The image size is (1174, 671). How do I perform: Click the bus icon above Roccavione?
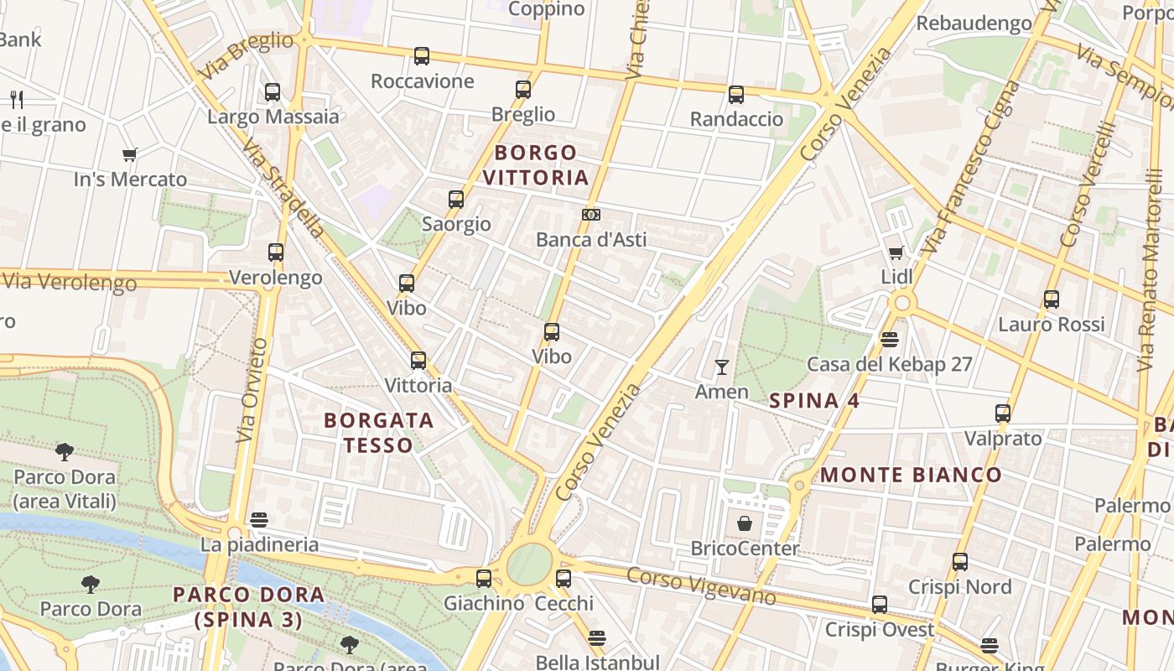click(422, 56)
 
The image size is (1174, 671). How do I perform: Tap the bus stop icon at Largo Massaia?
click(273, 92)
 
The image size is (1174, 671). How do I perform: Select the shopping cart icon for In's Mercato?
click(129, 154)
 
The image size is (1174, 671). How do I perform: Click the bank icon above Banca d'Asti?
click(591, 215)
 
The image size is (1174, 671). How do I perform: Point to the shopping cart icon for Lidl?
click(896, 252)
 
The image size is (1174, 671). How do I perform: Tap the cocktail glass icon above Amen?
click(721, 367)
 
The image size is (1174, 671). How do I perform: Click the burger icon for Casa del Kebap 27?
click(890, 340)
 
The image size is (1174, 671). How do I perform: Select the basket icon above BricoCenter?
click(745, 524)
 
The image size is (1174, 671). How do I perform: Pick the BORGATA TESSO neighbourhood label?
click(379, 432)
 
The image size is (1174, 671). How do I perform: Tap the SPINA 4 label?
click(814, 401)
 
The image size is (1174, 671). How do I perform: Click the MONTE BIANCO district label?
click(911, 475)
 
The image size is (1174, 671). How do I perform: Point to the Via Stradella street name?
click(283, 189)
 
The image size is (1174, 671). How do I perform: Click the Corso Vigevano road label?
click(701, 585)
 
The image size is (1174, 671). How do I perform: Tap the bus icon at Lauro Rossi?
click(1052, 299)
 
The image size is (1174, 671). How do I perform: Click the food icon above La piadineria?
click(259, 520)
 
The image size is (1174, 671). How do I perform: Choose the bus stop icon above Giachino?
click(484, 579)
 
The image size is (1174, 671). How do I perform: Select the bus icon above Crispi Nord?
click(960, 562)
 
